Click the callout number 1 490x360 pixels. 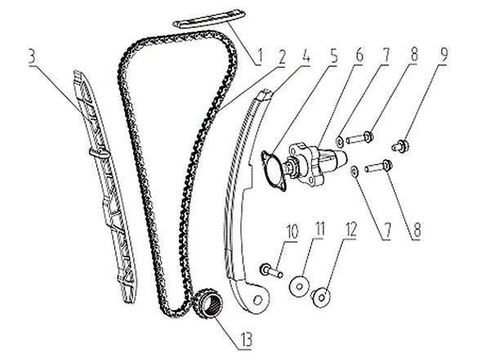(259, 57)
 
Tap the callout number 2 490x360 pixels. (281, 56)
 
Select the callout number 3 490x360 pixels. (32, 56)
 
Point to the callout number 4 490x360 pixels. (305, 56)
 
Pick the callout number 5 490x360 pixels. (334, 56)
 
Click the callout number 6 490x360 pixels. (359, 56)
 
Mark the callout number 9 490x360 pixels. (443, 55)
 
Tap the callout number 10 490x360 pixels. (292, 232)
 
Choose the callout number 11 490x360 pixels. (318, 230)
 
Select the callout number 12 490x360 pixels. (350, 230)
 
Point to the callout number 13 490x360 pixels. (246, 340)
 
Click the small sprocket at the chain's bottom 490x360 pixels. (207, 303)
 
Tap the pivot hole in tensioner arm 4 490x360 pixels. (258, 300)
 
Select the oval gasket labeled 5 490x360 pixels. (273, 171)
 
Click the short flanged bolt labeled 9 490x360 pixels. (401, 145)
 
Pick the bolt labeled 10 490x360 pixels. (271, 271)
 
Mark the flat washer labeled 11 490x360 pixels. (300, 286)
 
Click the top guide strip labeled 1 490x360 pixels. (209, 20)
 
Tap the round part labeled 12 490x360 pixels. (321, 296)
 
